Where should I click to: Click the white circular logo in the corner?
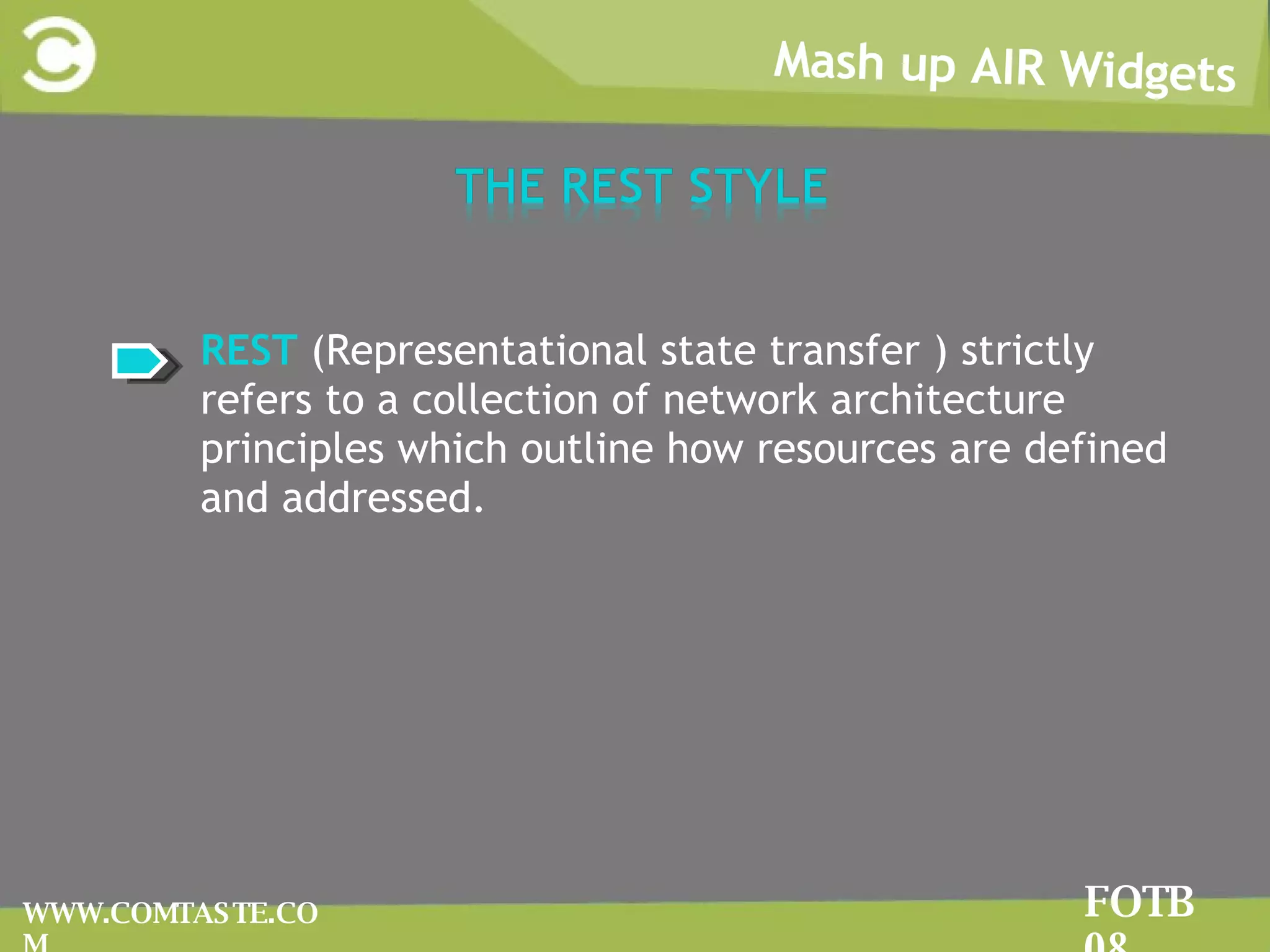(59, 55)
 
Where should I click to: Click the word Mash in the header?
(828, 62)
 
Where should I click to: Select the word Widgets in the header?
(1148, 73)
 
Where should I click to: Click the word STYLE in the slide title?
(757, 186)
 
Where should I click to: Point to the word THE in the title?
(499, 186)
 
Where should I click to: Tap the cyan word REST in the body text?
(249, 351)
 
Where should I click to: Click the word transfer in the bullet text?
(845, 351)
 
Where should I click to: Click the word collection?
(505, 400)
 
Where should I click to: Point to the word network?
(739, 400)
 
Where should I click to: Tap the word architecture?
(948, 400)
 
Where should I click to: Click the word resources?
(846, 449)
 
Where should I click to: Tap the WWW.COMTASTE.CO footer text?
(171, 914)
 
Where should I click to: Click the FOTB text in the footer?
(1139, 902)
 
